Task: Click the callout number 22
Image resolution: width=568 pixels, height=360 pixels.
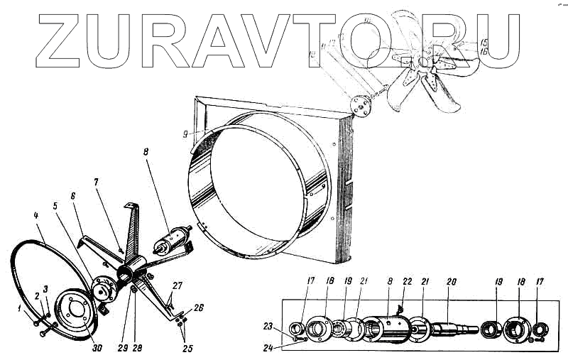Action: click(x=408, y=281)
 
